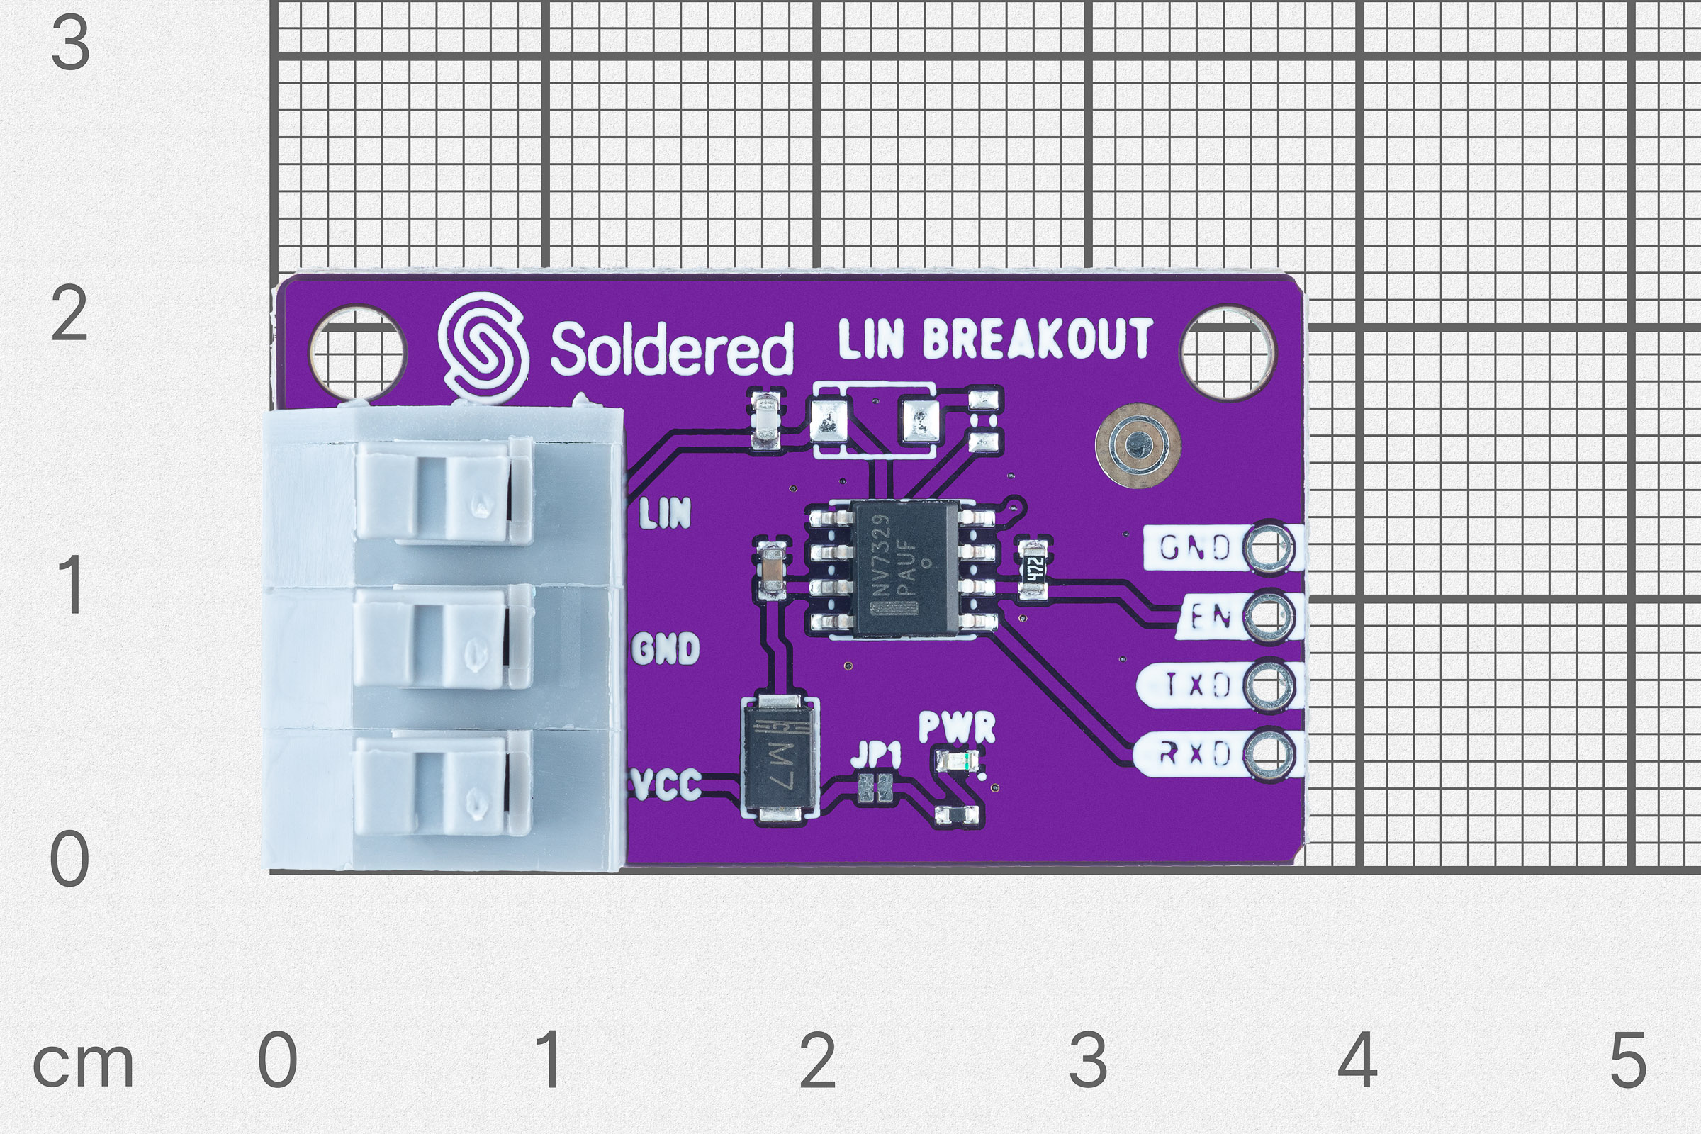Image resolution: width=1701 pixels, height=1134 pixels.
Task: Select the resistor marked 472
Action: point(1033,570)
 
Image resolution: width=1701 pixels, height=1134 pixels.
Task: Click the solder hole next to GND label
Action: point(1267,547)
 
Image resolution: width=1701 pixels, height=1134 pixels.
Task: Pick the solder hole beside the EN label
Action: point(1267,616)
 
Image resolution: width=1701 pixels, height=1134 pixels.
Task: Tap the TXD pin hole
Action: point(1267,684)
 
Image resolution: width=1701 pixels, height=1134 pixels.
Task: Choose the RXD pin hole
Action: point(1267,753)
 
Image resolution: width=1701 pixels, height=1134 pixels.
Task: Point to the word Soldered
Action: point(671,349)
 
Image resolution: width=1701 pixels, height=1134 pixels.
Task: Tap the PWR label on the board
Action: point(956,727)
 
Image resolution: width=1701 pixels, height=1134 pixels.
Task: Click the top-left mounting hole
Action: point(357,353)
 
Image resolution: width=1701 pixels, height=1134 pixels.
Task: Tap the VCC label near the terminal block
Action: point(666,784)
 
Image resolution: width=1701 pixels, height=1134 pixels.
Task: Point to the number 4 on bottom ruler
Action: point(1357,1060)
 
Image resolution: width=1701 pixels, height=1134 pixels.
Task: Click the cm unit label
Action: point(83,1065)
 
